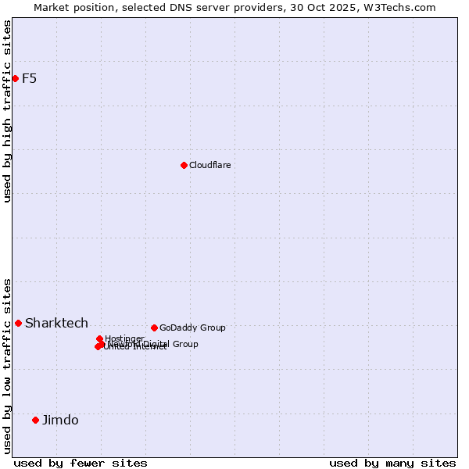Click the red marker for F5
pos(15,78)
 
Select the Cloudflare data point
pos(184,165)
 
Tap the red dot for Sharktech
pos(18,323)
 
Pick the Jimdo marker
pos(35,420)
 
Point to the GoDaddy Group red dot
pos(154,328)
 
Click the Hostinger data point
pos(99,338)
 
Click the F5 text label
pos(29,78)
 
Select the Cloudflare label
pos(209,165)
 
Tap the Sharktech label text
pos(56,323)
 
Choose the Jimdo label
pos(60,420)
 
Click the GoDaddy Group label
pos(192,328)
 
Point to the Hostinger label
pos(124,338)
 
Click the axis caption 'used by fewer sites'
pos(81,463)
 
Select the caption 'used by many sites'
pos(392,463)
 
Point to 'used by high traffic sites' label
pos(8,111)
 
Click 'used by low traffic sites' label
pos(8,365)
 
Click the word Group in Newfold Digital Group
pos(184,344)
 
